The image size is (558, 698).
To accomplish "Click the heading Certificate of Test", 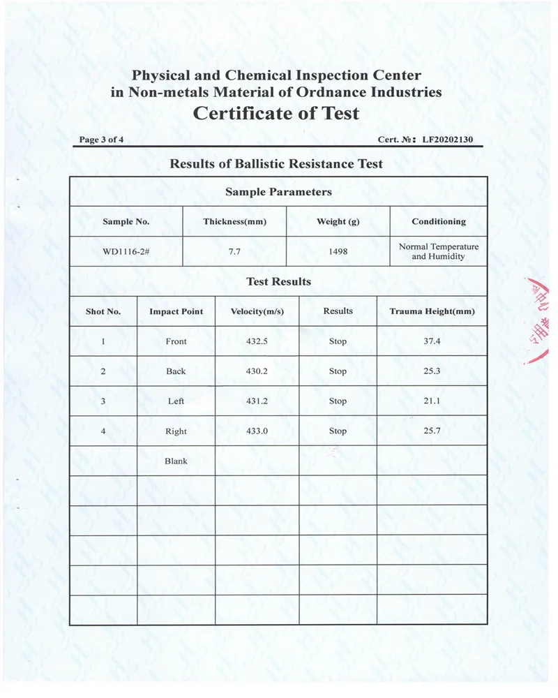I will pyautogui.click(x=276, y=113).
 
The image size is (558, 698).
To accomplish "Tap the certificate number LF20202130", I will pyautogui.click(x=447, y=140).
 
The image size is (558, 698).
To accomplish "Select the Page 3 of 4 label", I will pyautogui.click(x=102, y=140).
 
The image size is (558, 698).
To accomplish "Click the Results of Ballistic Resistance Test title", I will pyautogui.click(x=276, y=164).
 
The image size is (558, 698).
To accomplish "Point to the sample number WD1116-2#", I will pyautogui.click(x=126, y=251).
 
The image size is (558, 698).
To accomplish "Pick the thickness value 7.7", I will pyautogui.click(x=234, y=251).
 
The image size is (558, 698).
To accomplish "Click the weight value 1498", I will pyautogui.click(x=338, y=251).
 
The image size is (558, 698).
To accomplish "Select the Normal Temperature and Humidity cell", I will pyautogui.click(x=439, y=251).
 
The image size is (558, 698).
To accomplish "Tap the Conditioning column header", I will pyautogui.click(x=439, y=221).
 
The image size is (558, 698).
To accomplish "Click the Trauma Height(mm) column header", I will pyautogui.click(x=432, y=311).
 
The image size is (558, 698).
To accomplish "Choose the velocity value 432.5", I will pyautogui.click(x=257, y=341).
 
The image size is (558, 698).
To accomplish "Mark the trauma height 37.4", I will pyautogui.click(x=432, y=341).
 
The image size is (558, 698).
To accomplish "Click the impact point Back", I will pyautogui.click(x=176, y=371).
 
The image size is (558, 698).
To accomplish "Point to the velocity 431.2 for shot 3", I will pyautogui.click(x=257, y=401).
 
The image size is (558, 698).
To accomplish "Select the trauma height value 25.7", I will pyautogui.click(x=432, y=431).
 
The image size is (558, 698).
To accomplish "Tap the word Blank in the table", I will pyautogui.click(x=176, y=461).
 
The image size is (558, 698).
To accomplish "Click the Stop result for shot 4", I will pyautogui.click(x=338, y=431).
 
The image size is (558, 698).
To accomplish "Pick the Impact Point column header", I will pyautogui.click(x=176, y=311).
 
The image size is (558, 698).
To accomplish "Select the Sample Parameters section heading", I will pyautogui.click(x=278, y=192).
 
